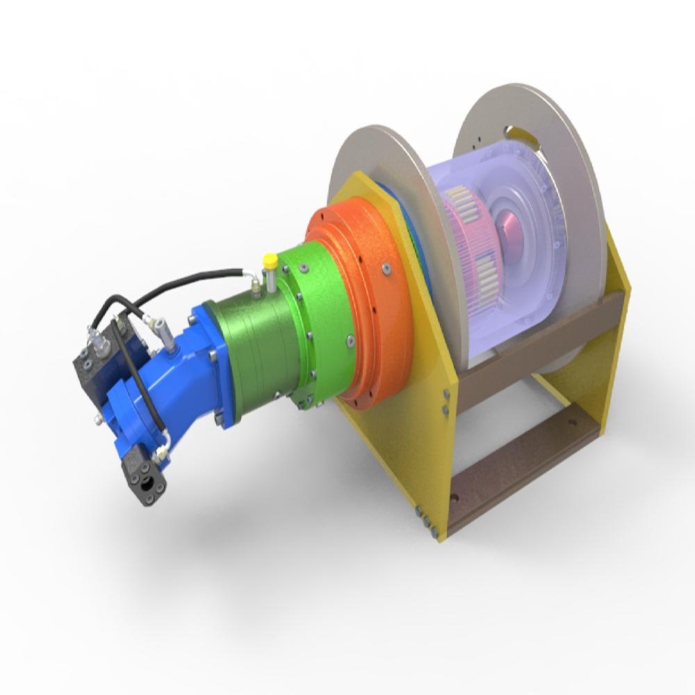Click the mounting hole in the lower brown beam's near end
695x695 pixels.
[x=455, y=498]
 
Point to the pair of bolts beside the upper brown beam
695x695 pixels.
[x=445, y=400]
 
